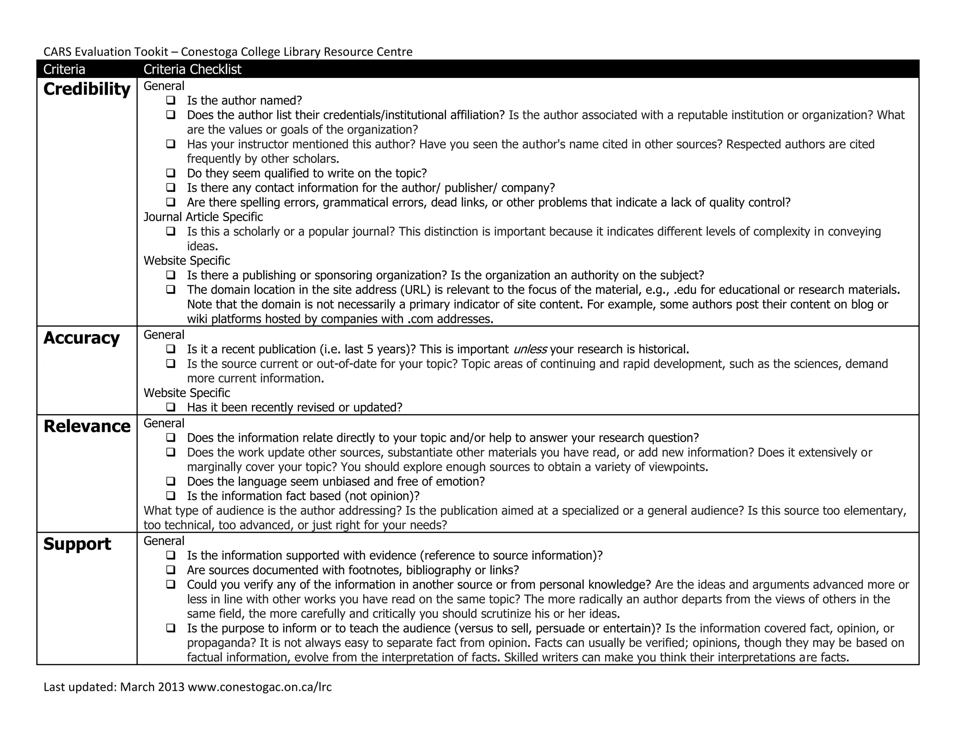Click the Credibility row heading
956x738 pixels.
click(x=87, y=89)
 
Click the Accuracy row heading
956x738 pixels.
click(x=81, y=338)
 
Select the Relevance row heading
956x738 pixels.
click(x=87, y=426)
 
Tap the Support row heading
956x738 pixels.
click(x=77, y=544)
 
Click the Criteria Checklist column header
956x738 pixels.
click(x=192, y=70)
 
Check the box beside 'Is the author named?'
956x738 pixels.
click(x=171, y=100)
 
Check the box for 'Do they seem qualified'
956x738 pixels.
click(x=171, y=173)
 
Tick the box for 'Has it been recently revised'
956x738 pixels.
click(x=171, y=407)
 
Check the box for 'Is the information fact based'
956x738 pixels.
click(x=171, y=495)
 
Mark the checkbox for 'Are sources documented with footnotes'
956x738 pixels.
click(x=171, y=570)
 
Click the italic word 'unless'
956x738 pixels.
click(x=530, y=349)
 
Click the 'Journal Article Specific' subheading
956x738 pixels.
click(x=203, y=217)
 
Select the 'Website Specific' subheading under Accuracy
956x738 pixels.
click(x=187, y=393)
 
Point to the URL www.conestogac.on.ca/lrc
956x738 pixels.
click(x=260, y=687)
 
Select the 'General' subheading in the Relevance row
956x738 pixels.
click(x=164, y=423)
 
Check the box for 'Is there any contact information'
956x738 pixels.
click(x=171, y=188)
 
